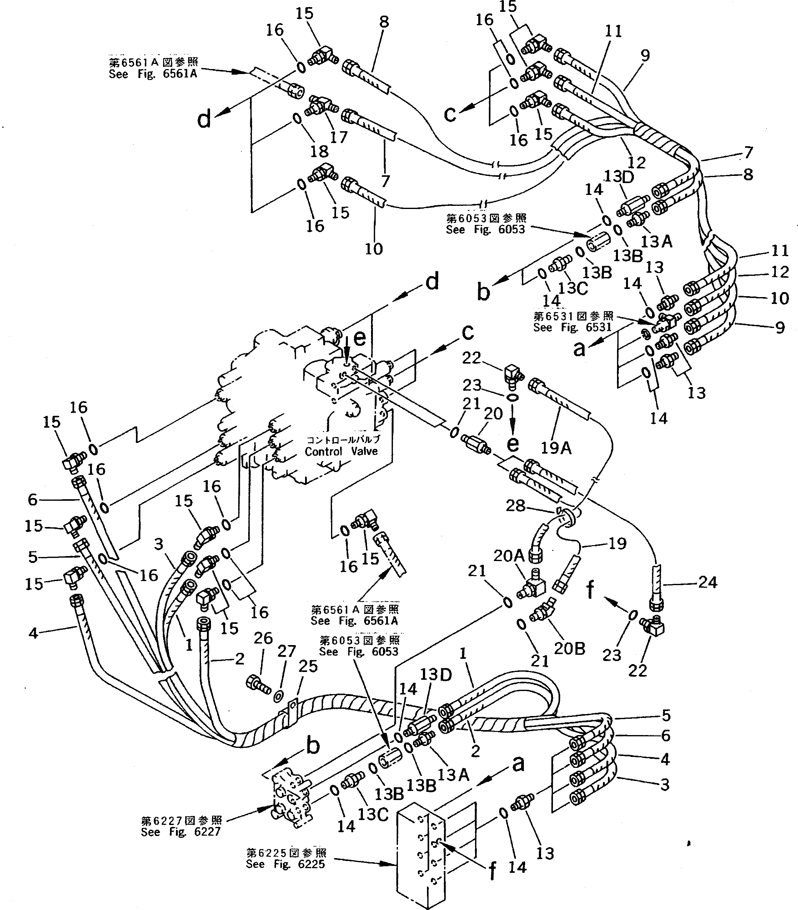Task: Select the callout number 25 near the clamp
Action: (308, 666)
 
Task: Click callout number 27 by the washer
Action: (286, 651)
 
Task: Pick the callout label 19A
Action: (556, 447)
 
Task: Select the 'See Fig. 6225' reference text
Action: (285, 864)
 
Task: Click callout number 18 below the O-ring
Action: (319, 151)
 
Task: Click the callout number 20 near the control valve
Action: (493, 413)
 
